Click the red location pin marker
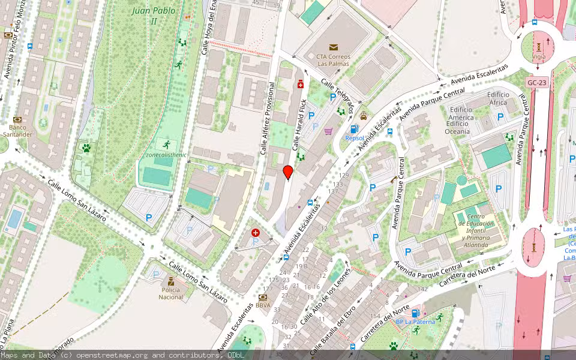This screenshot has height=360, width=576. click(x=288, y=172)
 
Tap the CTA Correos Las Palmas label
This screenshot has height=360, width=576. click(x=333, y=61)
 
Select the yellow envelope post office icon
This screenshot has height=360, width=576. click(x=334, y=47)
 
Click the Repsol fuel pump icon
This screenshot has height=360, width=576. click(x=354, y=129)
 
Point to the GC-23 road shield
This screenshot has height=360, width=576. click(x=538, y=82)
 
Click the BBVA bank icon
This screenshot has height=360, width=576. click(x=262, y=297)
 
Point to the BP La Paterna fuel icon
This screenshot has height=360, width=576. click(x=415, y=313)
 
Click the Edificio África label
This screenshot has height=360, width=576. click(x=498, y=98)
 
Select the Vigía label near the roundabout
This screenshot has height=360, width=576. click(x=539, y=56)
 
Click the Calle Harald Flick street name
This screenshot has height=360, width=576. click(x=299, y=124)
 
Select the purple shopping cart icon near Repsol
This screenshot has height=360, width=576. click(x=328, y=131)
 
